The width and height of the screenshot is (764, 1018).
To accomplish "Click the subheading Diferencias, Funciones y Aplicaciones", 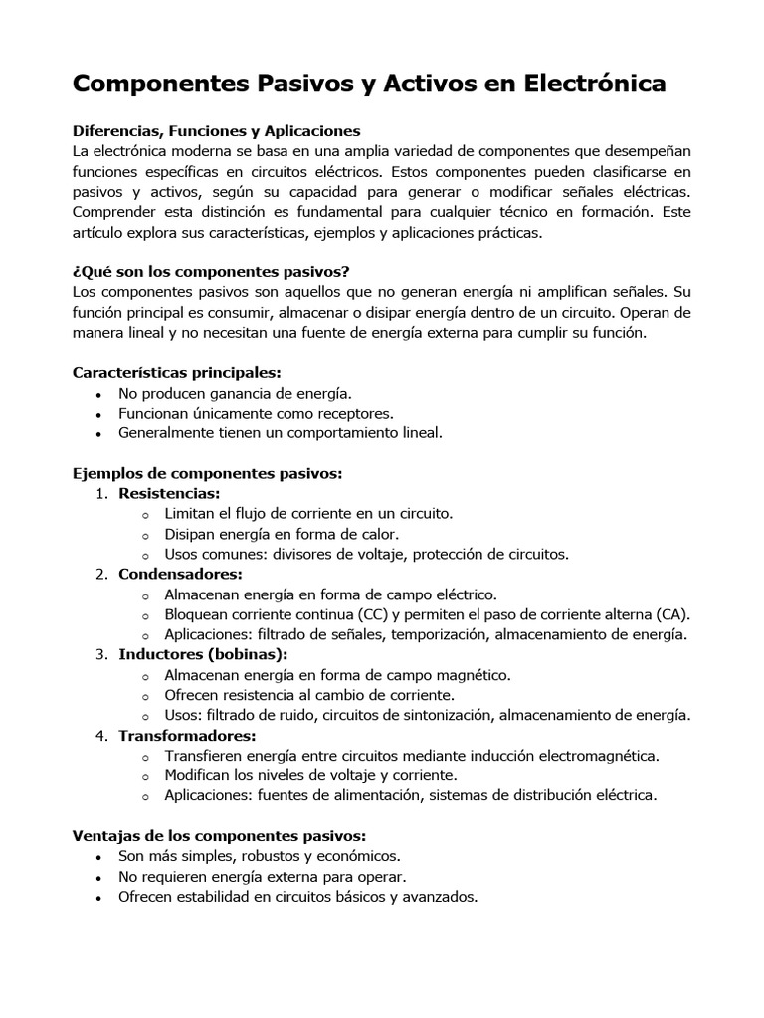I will tap(216, 130).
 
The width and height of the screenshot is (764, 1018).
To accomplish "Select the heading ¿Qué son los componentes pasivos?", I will tap(211, 271).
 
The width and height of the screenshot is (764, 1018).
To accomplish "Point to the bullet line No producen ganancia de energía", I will tap(235, 394).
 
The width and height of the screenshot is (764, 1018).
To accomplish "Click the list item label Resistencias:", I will tap(169, 493).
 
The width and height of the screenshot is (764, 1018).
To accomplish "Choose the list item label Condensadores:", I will tap(180, 574).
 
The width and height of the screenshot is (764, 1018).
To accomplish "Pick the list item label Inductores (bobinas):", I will tap(203, 654).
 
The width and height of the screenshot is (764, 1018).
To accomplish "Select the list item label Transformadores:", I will tap(187, 735).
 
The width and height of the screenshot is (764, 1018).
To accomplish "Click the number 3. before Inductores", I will tap(101, 654).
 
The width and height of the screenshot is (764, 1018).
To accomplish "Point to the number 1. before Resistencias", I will tap(101, 493).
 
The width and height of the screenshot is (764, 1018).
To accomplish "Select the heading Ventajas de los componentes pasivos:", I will tap(220, 835).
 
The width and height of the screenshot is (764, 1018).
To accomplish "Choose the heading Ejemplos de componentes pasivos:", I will tap(207, 473).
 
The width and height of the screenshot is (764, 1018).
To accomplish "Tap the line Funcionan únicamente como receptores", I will tap(256, 414).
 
